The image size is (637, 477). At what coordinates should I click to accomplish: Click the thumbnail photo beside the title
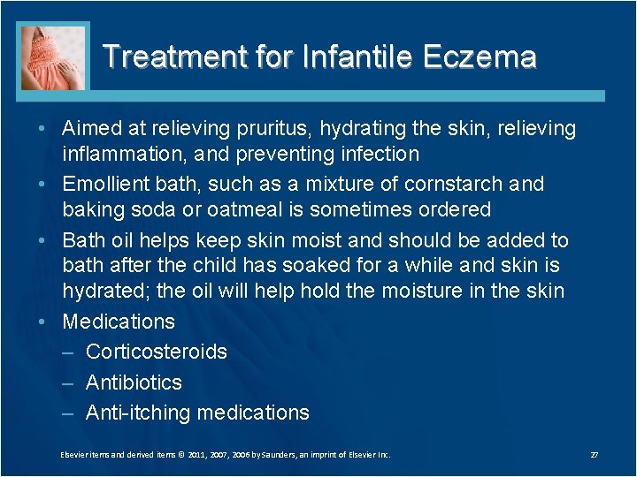55,57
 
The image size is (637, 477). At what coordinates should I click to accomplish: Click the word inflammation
119,155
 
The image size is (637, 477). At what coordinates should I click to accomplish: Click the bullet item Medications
119,322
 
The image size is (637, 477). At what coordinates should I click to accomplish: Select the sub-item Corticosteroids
156,352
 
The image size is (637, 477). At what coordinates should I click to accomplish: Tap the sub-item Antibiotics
134,382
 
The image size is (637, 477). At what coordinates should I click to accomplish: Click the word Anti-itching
138,413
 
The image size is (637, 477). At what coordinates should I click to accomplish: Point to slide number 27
595,455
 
